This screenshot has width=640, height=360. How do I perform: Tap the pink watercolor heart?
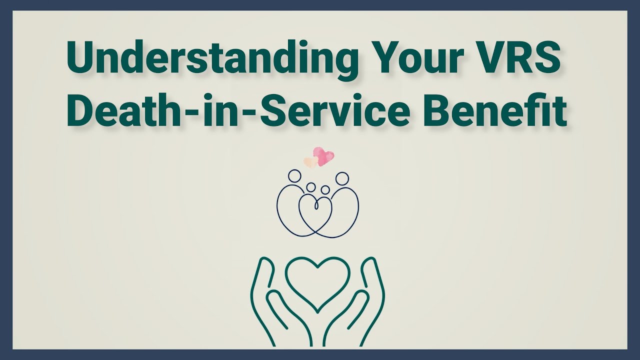coord(323,155)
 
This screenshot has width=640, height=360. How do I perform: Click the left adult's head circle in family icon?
coord(295,176)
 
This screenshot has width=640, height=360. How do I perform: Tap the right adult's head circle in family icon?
coord(342,178)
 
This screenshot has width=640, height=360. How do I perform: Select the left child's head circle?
coord(311,187)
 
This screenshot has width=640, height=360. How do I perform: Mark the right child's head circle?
coord(325,190)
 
